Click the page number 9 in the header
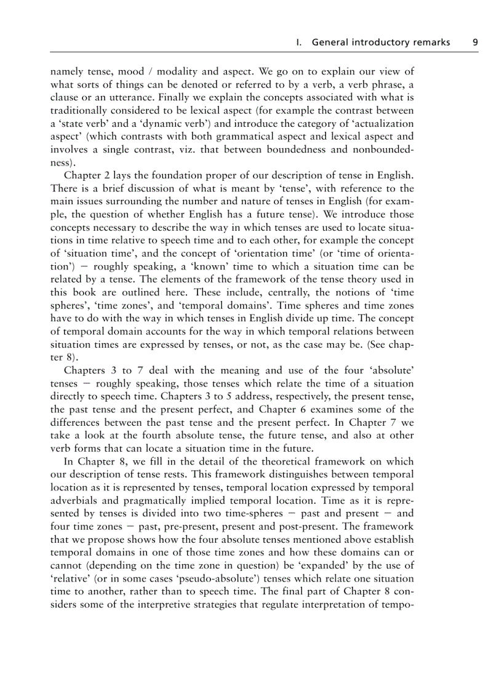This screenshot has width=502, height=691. click(475, 42)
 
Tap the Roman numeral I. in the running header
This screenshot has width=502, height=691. click(299, 42)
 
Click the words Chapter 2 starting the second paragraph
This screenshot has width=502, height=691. click(87, 176)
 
